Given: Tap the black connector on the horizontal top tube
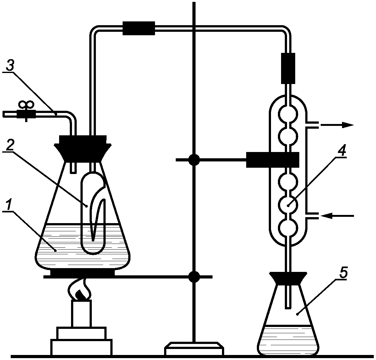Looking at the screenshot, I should click(139, 28).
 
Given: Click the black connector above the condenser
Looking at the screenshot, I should click(288, 68).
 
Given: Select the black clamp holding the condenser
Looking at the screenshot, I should click(272, 160).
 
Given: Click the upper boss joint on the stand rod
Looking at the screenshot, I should click(194, 160).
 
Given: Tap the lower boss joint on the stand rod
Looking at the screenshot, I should click(194, 277).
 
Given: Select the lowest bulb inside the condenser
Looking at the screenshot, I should click(288, 228).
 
